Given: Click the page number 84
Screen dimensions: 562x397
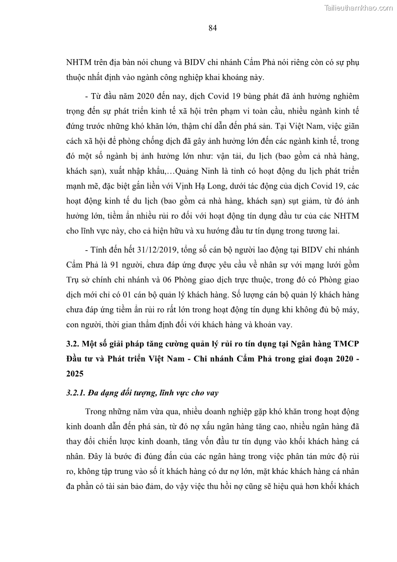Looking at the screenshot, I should point(212,29).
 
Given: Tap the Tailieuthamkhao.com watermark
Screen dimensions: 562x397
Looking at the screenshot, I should point(358,8).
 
